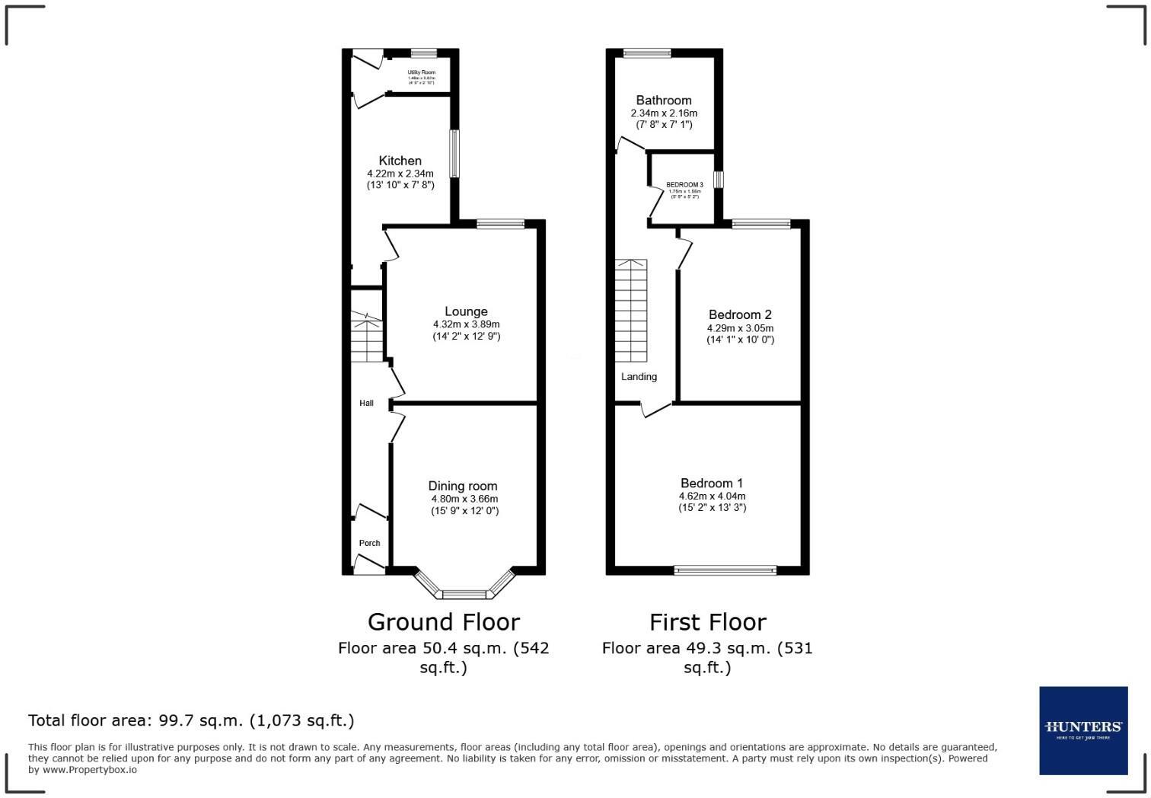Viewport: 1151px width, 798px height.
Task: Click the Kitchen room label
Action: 400,161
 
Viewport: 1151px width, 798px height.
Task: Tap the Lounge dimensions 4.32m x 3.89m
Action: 466,324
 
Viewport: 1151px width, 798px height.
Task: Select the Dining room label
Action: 463,486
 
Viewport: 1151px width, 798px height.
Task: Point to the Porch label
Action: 369,543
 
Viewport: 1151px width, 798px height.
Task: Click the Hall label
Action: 366,403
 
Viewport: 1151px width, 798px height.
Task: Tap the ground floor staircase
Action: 366,337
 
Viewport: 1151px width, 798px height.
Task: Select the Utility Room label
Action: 421,72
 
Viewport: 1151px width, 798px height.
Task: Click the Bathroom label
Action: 664,100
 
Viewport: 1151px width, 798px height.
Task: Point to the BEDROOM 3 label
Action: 684,185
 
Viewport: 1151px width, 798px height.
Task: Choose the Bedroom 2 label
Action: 740,314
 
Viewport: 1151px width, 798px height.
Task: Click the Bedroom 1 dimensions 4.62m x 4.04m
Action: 712,496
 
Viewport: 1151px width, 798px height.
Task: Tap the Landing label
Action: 639,376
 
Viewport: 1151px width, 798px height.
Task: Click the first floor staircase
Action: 631,311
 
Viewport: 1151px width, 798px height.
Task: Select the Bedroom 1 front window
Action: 725,570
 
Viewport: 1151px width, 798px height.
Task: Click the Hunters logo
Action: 1083,730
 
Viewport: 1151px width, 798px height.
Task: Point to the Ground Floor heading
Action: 443,622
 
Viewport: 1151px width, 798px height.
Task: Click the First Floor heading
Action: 707,622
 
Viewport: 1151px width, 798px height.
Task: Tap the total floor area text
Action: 191,720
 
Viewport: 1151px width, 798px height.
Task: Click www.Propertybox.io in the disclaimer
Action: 90,770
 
